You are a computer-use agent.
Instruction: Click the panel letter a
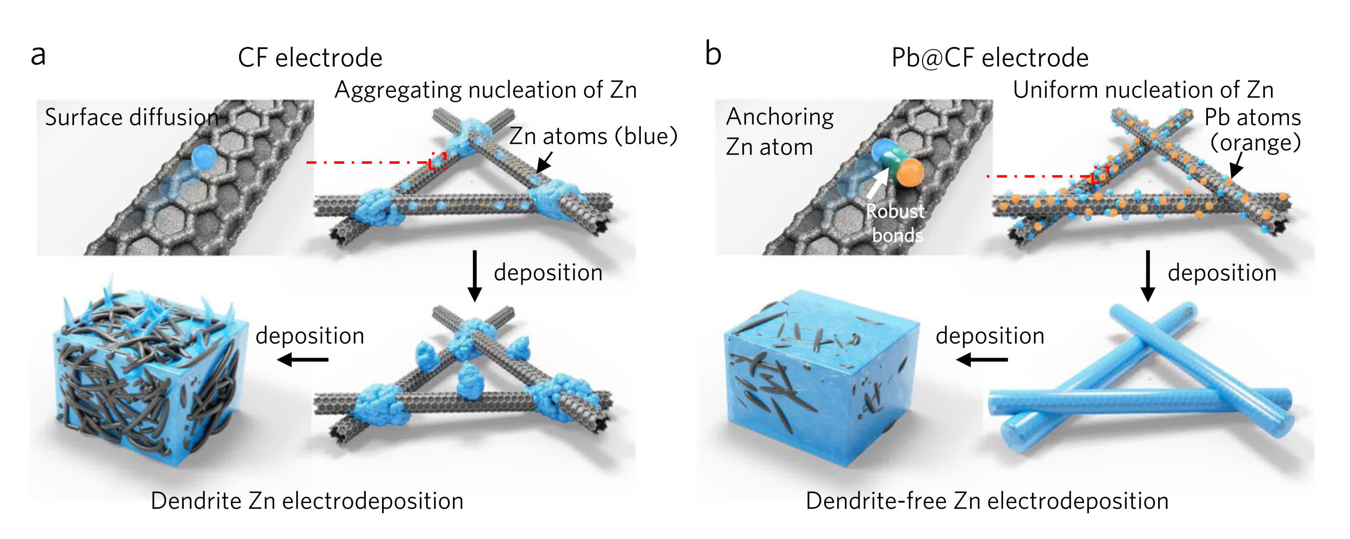tap(38, 55)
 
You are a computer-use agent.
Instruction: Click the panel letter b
tap(713, 54)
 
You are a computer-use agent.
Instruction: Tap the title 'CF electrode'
tap(310, 57)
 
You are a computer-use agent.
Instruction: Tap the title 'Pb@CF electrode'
tap(990, 57)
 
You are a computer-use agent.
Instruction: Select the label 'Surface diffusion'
tap(131, 117)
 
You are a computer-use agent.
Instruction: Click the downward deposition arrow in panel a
tap(474, 275)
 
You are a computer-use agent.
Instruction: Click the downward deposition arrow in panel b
tap(1148, 275)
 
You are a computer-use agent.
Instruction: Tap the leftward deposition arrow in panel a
tap(303, 359)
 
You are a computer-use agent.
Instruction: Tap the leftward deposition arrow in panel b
tap(981, 359)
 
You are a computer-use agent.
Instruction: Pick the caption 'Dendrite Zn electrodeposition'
tap(306, 501)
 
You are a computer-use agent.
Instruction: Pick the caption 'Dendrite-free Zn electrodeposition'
tap(987, 501)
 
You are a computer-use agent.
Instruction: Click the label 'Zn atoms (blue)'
tap(593, 136)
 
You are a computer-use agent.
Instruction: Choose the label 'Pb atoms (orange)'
tap(1252, 129)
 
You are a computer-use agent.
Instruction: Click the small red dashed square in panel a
tap(437, 161)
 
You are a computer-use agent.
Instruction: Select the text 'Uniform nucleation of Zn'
tap(1142, 90)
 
